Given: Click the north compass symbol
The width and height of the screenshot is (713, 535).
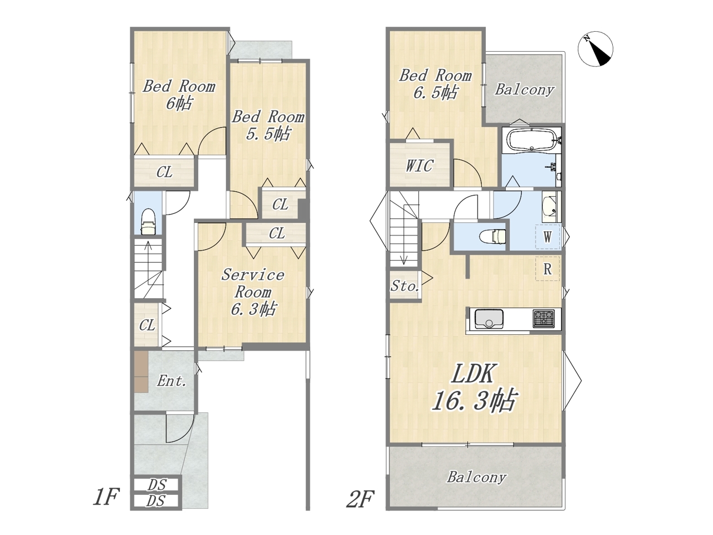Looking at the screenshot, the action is [x=595, y=50].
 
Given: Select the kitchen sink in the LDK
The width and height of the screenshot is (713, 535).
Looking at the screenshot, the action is [x=489, y=319].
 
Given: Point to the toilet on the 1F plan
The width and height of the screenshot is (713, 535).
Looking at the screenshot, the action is [x=148, y=222].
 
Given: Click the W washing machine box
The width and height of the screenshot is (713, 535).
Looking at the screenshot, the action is [x=548, y=237].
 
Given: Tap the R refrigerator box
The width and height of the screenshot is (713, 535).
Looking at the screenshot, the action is [x=548, y=269].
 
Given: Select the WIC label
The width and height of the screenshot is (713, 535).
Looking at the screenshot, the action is [x=419, y=166].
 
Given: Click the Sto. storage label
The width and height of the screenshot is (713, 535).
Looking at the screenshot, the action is [x=405, y=286].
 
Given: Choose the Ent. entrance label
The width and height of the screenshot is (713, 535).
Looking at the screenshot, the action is [x=172, y=381].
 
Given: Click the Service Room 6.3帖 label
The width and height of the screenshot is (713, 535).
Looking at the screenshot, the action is [x=253, y=291].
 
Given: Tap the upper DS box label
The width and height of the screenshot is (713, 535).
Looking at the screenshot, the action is [x=157, y=485].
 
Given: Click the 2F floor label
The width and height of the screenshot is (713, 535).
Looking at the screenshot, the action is [x=360, y=499].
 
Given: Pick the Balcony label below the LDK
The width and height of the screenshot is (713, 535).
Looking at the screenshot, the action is [x=476, y=477].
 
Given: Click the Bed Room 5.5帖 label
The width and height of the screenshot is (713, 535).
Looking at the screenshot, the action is [x=268, y=125].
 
